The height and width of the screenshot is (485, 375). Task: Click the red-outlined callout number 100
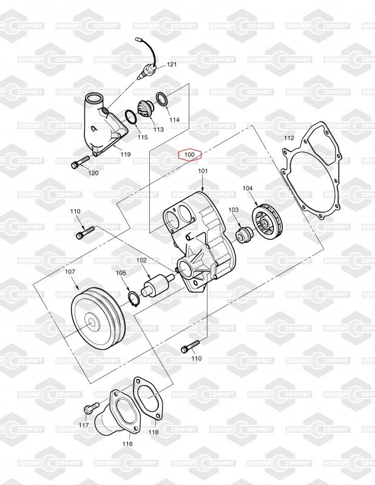189,155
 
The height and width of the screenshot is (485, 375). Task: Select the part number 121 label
172,64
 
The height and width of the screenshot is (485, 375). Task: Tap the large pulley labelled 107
98,319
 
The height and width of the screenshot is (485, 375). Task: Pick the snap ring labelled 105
134,299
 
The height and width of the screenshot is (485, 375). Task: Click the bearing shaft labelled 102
156,284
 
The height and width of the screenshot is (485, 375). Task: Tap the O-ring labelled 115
131,118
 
